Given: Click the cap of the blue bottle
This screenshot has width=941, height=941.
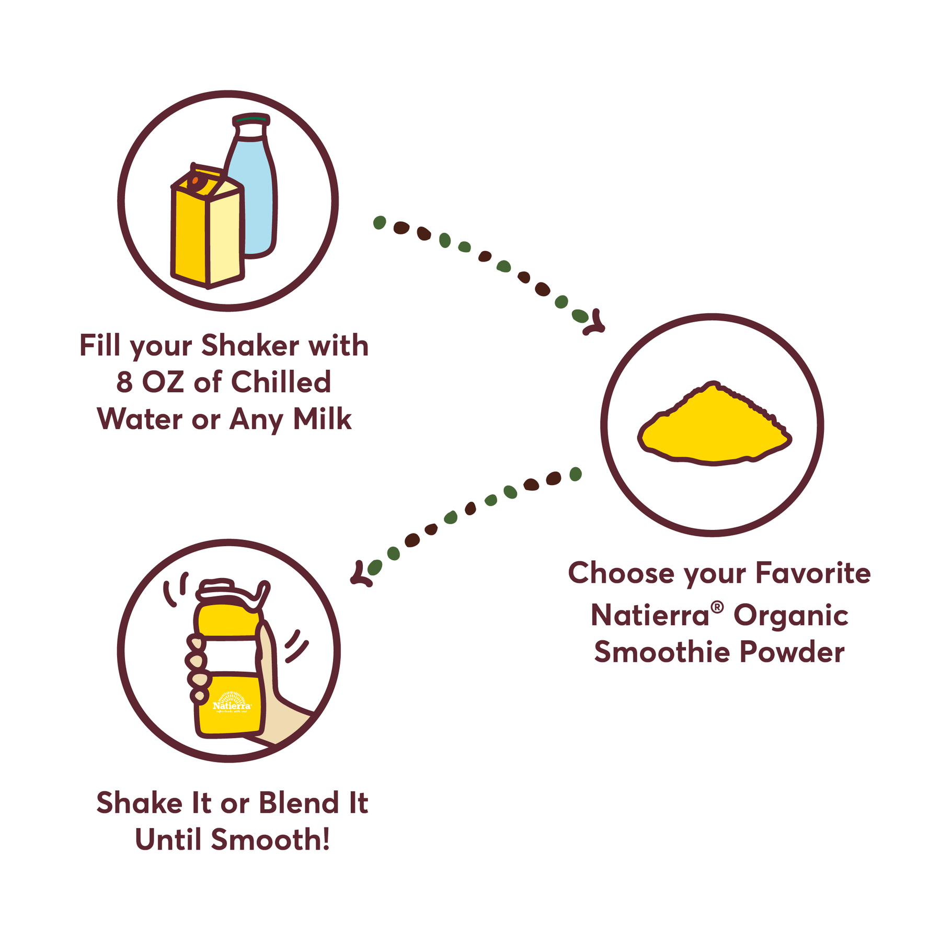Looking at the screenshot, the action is (251, 120).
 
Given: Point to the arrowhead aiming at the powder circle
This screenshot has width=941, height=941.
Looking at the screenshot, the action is (595, 323).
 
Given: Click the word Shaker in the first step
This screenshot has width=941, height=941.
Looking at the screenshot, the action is (250, 346).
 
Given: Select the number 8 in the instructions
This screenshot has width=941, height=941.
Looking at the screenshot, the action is (124, 382).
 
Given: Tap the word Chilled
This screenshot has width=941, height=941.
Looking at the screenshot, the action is (281, 382).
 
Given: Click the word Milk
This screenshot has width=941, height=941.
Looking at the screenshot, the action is (322, 419).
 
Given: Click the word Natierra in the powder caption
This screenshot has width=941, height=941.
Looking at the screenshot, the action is (650, 615).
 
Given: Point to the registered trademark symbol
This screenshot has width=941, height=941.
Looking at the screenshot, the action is (717, 607).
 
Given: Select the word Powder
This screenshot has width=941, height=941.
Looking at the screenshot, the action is (792, 652).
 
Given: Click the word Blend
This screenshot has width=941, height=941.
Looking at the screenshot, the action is (299, 803).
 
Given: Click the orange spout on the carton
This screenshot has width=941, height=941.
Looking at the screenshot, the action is (195, 181).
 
